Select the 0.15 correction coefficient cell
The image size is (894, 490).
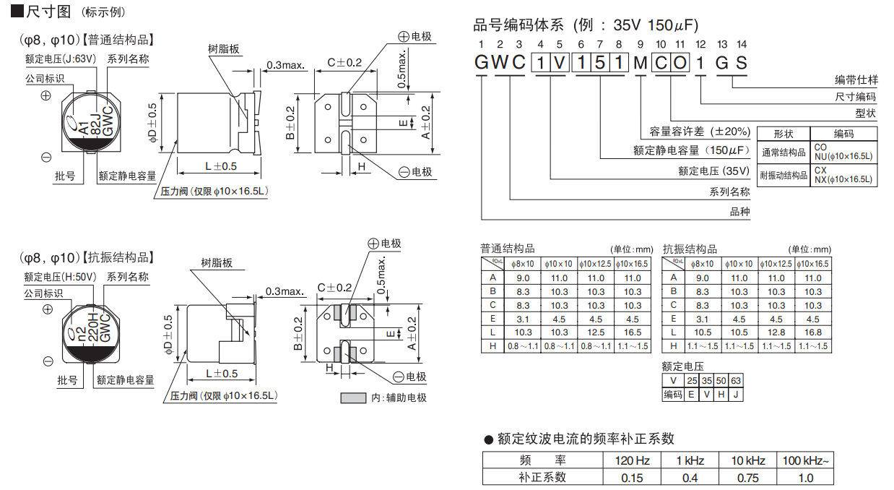tap(633, 477)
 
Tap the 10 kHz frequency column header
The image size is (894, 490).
tap(748, 460)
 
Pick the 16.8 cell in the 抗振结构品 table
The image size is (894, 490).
tap(813, 332)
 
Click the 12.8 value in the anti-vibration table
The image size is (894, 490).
tap(776, 332)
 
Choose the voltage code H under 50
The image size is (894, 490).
tap(721, 394)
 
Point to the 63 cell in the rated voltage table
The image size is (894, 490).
tap(735, 381)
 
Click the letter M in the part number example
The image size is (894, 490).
tap(640, 63)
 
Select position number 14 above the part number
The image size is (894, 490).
tap(742, 45)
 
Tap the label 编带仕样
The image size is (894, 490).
tap(856, 80)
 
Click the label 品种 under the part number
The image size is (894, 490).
tap(739, 212)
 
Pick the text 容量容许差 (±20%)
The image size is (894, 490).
tap(700, 132)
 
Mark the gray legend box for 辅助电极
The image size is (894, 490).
tap(353, 398)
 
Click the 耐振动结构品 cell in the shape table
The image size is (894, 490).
tap(783, 176)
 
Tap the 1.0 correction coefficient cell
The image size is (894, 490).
tap(805, 477)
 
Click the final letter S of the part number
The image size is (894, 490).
tap(742, 63)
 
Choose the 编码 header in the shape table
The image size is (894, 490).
tap(843, 134)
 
